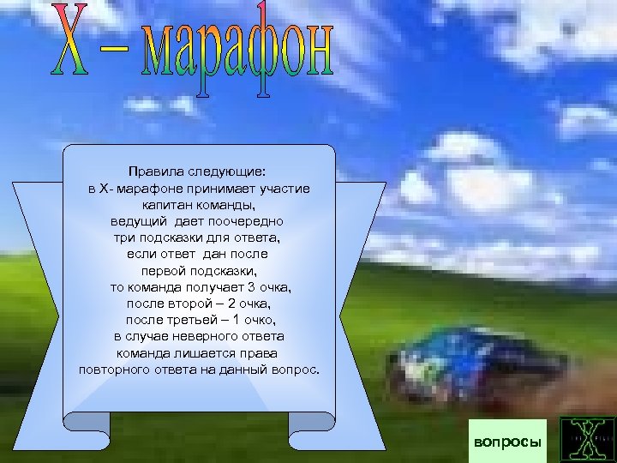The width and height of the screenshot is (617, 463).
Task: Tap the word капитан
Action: click(169, 206)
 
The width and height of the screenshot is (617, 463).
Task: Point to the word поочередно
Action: click(249, 222)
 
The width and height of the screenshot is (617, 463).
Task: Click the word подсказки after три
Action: click(185, 238)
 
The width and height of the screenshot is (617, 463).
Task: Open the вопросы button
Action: click(508, 442)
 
